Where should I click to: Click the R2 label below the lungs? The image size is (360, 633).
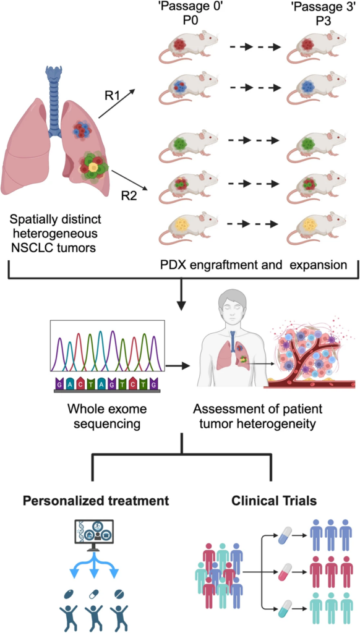coord(129,197)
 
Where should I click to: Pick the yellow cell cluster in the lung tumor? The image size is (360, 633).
coord(93,168)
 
